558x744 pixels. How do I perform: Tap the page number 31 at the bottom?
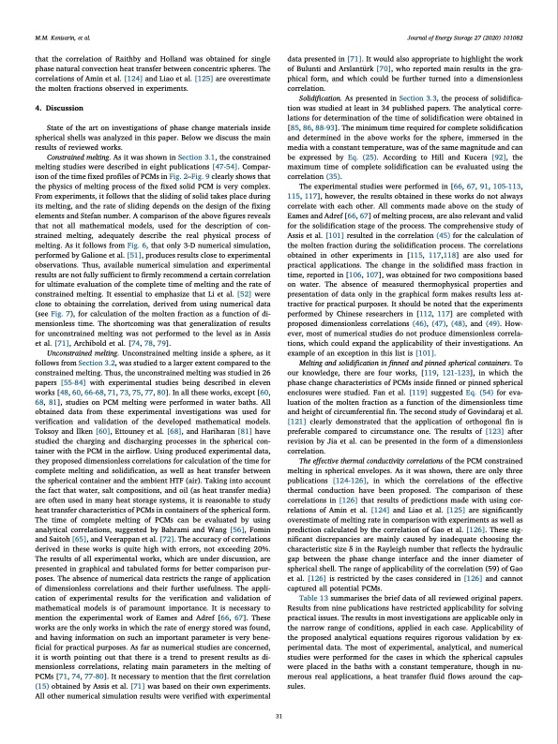pos(279,717)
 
